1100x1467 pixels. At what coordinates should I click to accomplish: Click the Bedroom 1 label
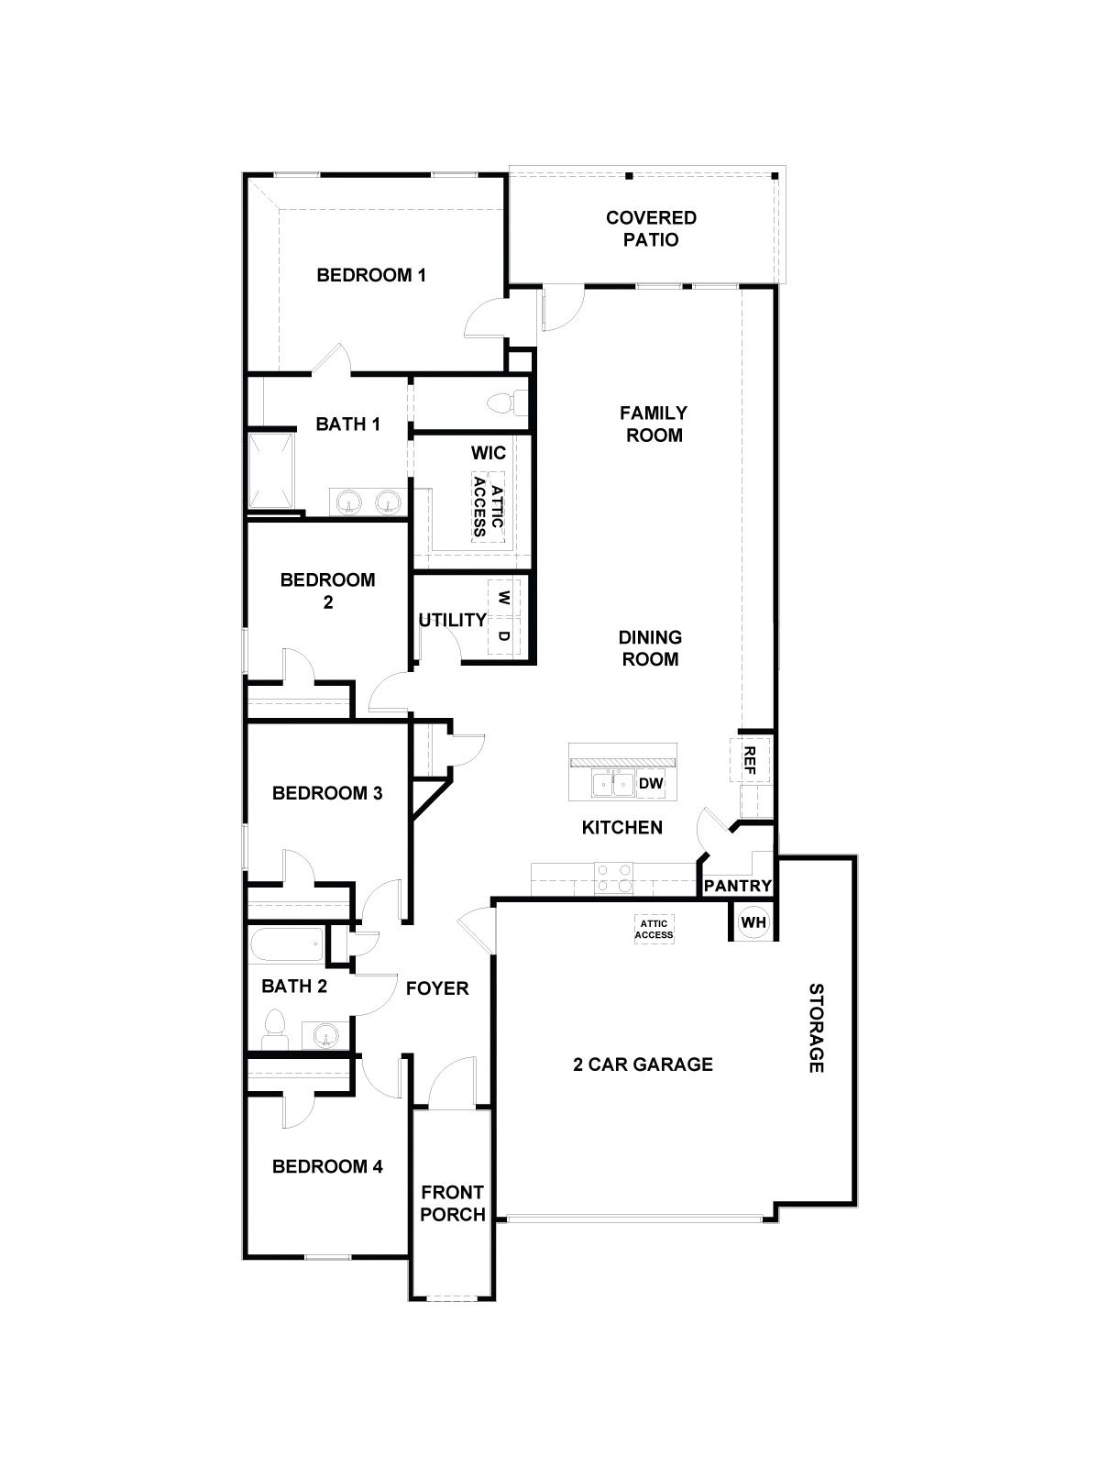pos(370,275)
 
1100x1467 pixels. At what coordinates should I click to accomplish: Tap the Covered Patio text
pos(651,228)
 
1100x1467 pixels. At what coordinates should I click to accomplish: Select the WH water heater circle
pos(753,922)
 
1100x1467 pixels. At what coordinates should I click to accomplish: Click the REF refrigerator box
pos(749,759)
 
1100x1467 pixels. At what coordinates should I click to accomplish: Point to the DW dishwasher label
pos(651,784)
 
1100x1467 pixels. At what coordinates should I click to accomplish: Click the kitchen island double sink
pos(613,784)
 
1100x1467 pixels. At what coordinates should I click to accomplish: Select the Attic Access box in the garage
pos(655,929)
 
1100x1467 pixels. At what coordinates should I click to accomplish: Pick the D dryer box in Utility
pos(504,635)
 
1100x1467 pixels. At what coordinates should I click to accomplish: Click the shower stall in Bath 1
pos(272,470)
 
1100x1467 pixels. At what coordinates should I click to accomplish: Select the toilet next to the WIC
pos(507,403)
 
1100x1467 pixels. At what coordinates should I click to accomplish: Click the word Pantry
pos(738,887)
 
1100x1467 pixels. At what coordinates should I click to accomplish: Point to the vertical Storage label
pos(816,1028)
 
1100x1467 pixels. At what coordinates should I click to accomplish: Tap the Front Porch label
pos(452,1203)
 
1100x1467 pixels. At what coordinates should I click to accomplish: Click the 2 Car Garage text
pos(643,1064)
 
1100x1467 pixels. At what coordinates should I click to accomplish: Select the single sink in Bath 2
pos(324,1037)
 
